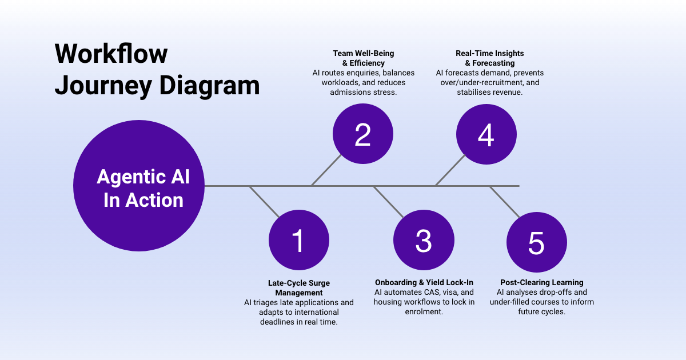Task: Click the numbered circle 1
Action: coord(298,241)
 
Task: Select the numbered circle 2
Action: coord(362,134)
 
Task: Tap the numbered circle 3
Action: coord(423,241)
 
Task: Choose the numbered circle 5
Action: coord(536,242)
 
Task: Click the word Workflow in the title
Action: coord(111,54)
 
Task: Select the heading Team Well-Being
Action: coord(364,54)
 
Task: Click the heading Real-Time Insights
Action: coord(489,54)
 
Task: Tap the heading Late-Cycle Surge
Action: coord(299,283)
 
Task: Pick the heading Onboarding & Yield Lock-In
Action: coord(424,282)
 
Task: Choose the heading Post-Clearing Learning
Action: coord(541,282)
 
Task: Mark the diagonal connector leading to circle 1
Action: coord(265,201)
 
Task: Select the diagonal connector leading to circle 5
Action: coord(504,201)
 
